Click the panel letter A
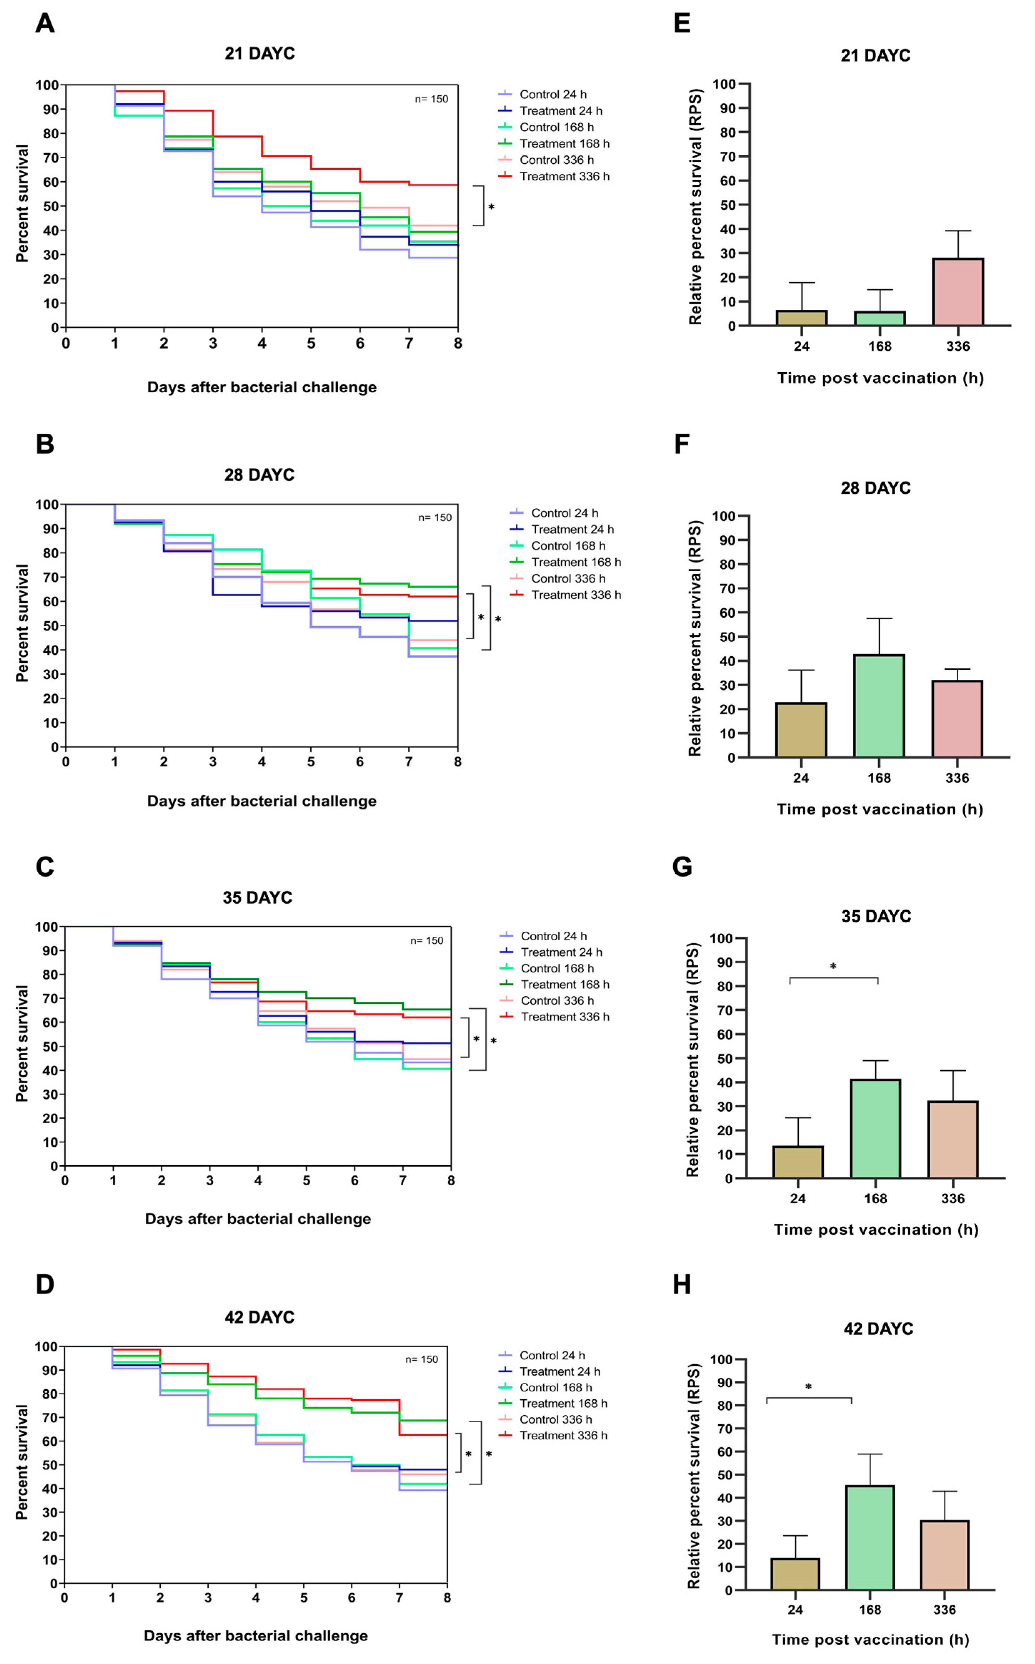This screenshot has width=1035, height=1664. tap(45, 23)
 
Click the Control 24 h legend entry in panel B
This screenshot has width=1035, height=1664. tap(564, 513)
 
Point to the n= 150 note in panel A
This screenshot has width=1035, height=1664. tap(431, 99)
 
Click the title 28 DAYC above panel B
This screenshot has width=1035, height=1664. tap(259, 475)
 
